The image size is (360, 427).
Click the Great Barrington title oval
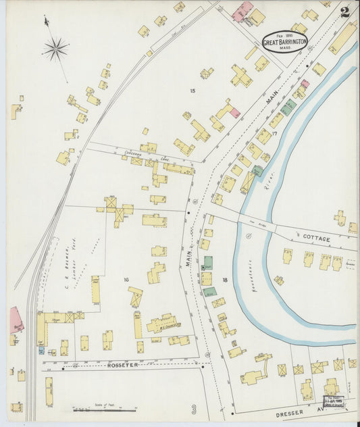click(284, 41)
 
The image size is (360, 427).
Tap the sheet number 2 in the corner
click(345, 11)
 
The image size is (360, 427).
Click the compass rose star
click(55, 48)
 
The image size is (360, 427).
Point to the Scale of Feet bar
click(105, 408)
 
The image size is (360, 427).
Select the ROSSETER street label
click(123, 365)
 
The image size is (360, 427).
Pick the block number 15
click(192, 91)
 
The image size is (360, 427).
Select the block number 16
click(126, 279)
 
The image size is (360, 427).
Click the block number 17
click(274, 134)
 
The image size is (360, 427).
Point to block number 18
click(224, 279)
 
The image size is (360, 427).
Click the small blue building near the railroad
click(41, 350)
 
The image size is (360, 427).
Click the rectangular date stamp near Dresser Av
click(334, 403)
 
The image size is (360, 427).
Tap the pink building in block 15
click(234, 113)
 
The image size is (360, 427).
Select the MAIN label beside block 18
click(190, 257)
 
